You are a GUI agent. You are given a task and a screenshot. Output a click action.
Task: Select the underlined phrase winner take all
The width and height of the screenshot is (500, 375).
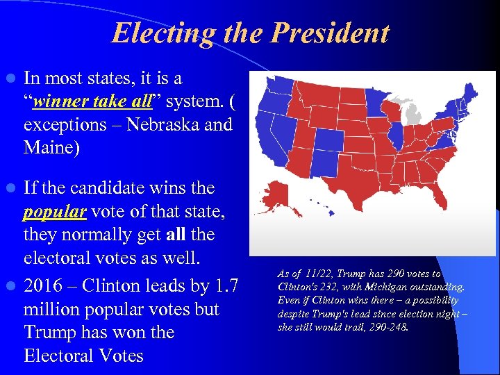[92, 102]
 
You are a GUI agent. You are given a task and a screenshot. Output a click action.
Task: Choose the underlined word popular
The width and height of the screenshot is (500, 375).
[54, 211]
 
